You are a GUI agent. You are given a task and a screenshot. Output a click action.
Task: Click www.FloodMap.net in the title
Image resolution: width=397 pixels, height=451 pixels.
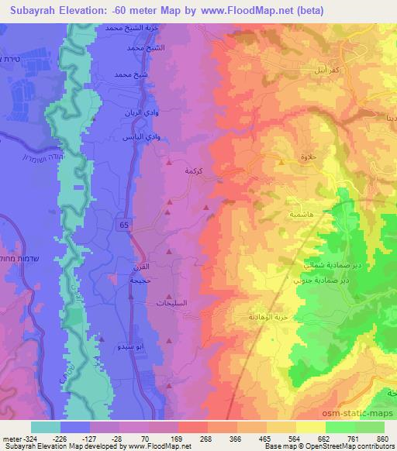[x=235, y=9]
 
